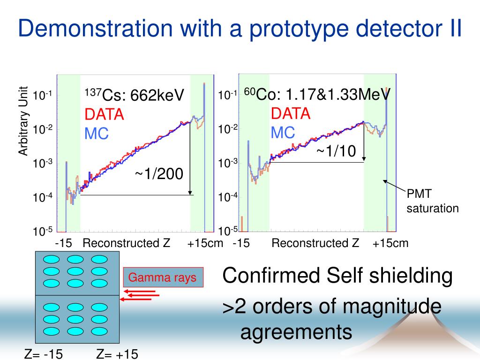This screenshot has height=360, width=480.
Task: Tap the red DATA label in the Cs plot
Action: [x=104, y=114]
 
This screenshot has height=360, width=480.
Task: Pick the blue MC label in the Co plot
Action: [x=283, y=133]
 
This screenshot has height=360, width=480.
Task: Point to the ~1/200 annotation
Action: [x=159, y=174]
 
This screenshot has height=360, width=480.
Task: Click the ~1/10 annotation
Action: [x=336, y=151]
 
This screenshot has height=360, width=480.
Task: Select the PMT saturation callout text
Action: [x=432, y=201]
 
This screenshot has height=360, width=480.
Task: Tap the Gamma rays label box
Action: [x=163, y=277]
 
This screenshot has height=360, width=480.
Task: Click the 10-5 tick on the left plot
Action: [x=42, y=231]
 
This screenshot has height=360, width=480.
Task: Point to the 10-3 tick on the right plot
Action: [x=228, y=163]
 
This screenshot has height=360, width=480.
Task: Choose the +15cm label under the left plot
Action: [x=205, y=243]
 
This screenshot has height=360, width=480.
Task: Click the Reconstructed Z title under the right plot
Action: [x=315, y=243]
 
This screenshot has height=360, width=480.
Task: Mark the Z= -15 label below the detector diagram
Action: [x=44, y=354]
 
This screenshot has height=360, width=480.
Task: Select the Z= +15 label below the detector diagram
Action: [x=117, y=354]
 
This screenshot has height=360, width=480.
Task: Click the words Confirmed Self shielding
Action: [x=337, y=276]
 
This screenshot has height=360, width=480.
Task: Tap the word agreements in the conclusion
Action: [x=296, y=332]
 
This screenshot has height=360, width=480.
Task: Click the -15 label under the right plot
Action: [x=241, y=243]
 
